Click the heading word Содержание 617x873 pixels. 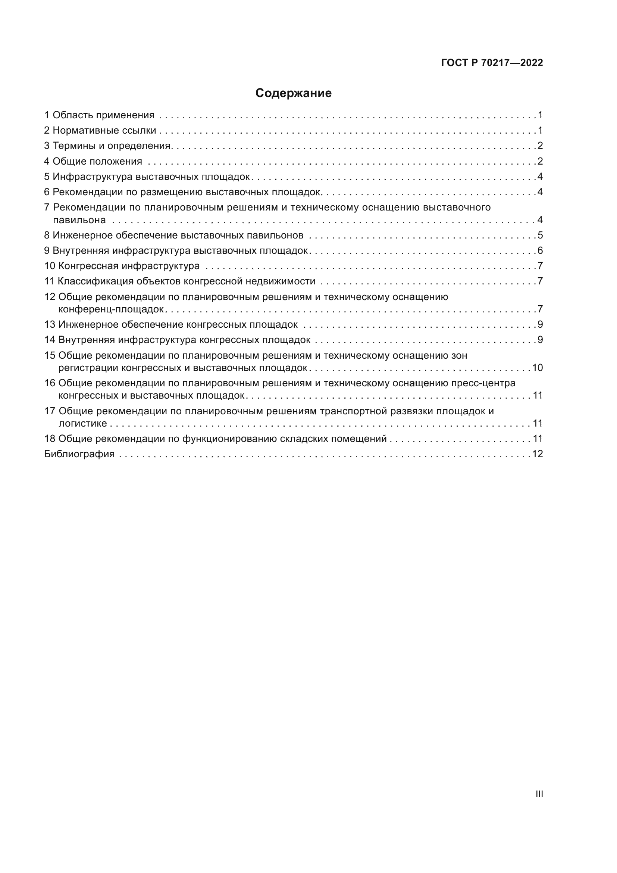pyautogui.click(x=293, y=93)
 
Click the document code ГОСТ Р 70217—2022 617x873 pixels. pyautogui.click(x=492, y=63)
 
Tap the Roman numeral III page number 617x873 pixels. pyautogui.click(x=539, y=794)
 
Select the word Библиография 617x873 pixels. pyautogui.click(x=79, y=454)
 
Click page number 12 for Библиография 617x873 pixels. pyautogui.click(x=537, y=454)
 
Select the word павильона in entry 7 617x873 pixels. pyautogui.click(x=79, y=220)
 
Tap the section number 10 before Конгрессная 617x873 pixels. pyautogui.click(x=50, y=266)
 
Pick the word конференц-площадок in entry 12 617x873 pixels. pyautogui.click(x=111, y=309)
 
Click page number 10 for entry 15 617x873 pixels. pyautogui.click(x=537, y=368)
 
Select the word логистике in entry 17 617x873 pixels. pyautogui.click(x=82, y=424)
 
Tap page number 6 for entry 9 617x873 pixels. pyautogui.click(x=540, y=251)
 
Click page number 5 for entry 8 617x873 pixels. pyautogui.click(x=540, y=236)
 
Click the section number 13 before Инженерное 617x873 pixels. pyautogui.click(x=50, y=325)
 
